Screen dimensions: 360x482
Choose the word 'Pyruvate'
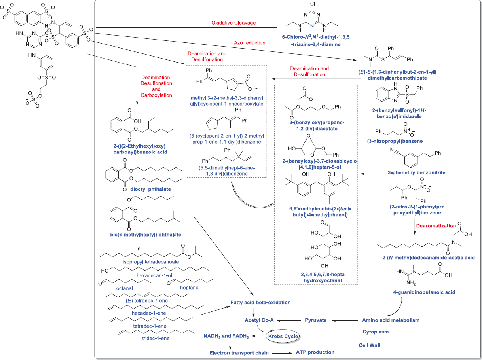tap(315, 320)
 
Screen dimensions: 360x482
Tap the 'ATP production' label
tap(315, 352)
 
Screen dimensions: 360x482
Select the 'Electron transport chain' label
tap(239, 352)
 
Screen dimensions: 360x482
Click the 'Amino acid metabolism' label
tap(391, 320)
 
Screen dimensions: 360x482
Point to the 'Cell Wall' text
tap(369, 345)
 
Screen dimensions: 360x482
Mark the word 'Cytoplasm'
tap(376, 332)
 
